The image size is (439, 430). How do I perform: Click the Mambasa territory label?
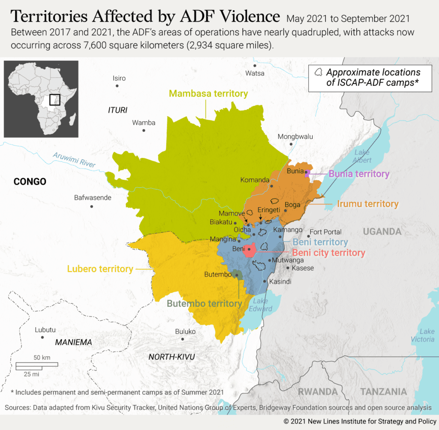[208, 93]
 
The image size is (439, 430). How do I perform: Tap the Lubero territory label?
[100, 269]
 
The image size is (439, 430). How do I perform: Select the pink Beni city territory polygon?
[250, 249]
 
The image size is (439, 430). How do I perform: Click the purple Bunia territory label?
[359, 174]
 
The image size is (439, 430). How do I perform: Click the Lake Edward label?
[261, 305]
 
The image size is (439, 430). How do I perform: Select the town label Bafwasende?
[93, 198]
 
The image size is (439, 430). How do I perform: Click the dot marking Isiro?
[117, 86]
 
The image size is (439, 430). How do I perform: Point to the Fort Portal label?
[325, 232]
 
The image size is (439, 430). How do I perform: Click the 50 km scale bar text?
[42, 357]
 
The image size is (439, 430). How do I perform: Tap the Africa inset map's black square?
[54, 100]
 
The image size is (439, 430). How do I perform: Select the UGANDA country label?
[382, 232]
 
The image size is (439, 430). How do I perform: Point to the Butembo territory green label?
[204, 304]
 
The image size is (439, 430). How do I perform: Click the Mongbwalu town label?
[295, 137]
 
